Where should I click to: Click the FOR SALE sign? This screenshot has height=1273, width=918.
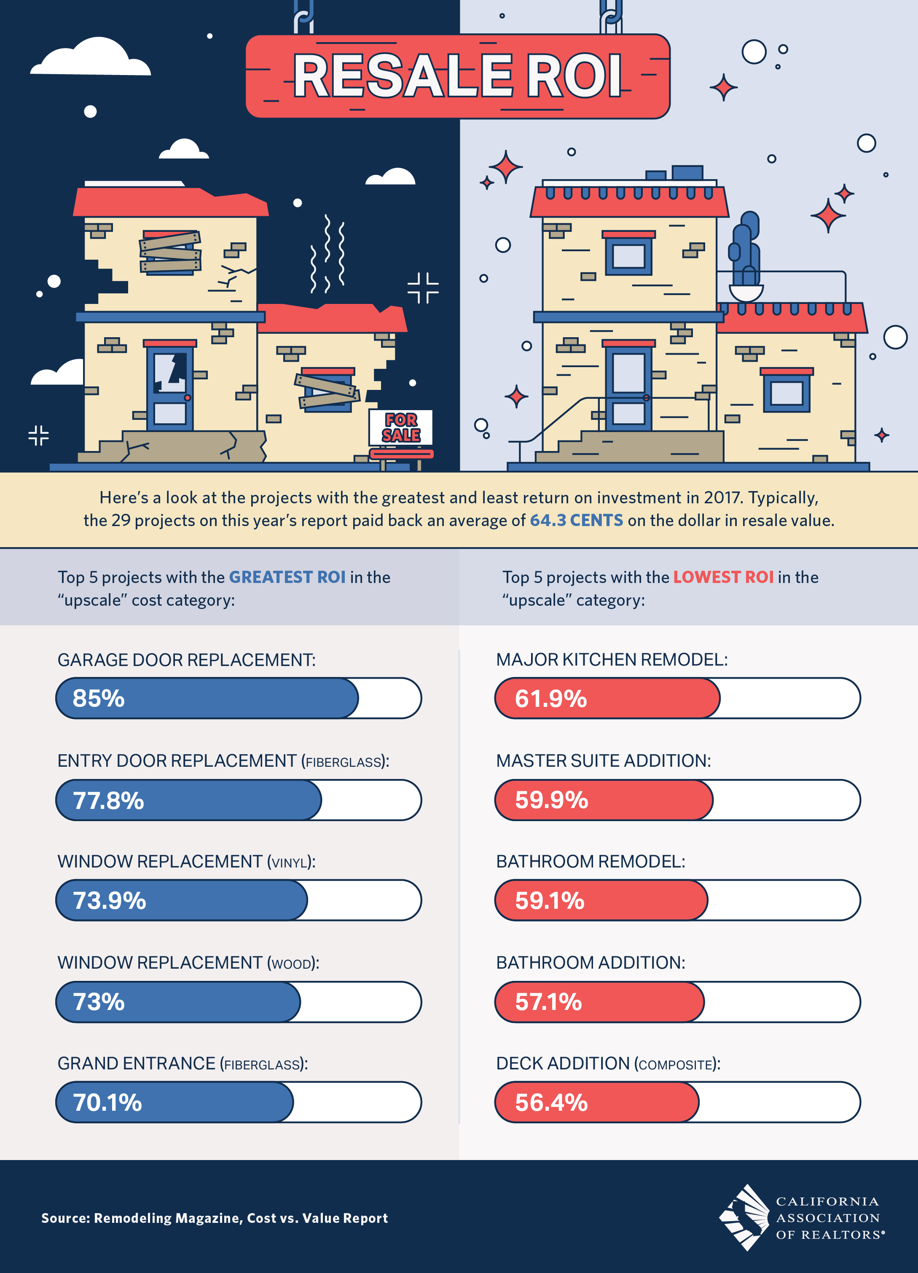pyautogui.click(x=401, y=428)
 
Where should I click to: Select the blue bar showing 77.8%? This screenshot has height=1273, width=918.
pyautogui.click(x=188, y=800)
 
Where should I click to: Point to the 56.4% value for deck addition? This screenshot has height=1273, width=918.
pyautogui.click(x=551, y=1102)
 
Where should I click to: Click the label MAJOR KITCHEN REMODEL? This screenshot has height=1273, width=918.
pyautogui.click(x=612, y=660)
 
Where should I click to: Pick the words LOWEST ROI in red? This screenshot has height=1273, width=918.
pyautogui.click(x=723, y=577)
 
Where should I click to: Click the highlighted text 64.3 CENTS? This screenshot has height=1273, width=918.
pyautogui.click(x=576, y=520)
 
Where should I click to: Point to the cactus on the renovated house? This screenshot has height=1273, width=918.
pyautogui.click(x=745, y=250)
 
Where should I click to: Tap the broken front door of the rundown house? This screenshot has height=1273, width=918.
pyautogui.click(x=170, y=387)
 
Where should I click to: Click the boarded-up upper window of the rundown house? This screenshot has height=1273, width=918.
pyautogui.click(x=170, y=252)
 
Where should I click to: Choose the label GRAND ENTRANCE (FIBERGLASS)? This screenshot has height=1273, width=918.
pyautogui.click(x=183, y=1064)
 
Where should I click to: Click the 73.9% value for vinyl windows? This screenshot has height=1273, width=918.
pyautogui.click(x=110, y=900)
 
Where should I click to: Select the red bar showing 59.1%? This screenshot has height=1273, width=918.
pyautogui.click(x=601, y=900)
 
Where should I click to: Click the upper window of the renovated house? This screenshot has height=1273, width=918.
pyautogui.click(x=628, y=255)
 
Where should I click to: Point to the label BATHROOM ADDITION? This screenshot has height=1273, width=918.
pyautogui.click(x=591, y=963)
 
